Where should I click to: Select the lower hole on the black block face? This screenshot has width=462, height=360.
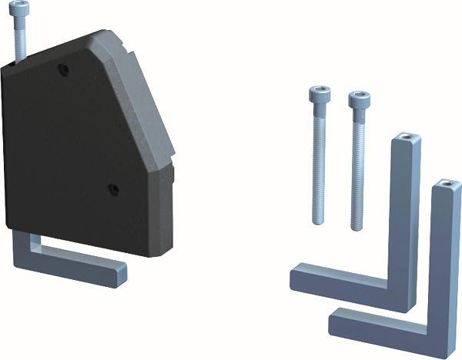coord(112,188)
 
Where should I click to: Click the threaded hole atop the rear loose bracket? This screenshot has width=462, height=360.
coord(405,141)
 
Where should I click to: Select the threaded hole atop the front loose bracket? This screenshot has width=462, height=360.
coord(445,185)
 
